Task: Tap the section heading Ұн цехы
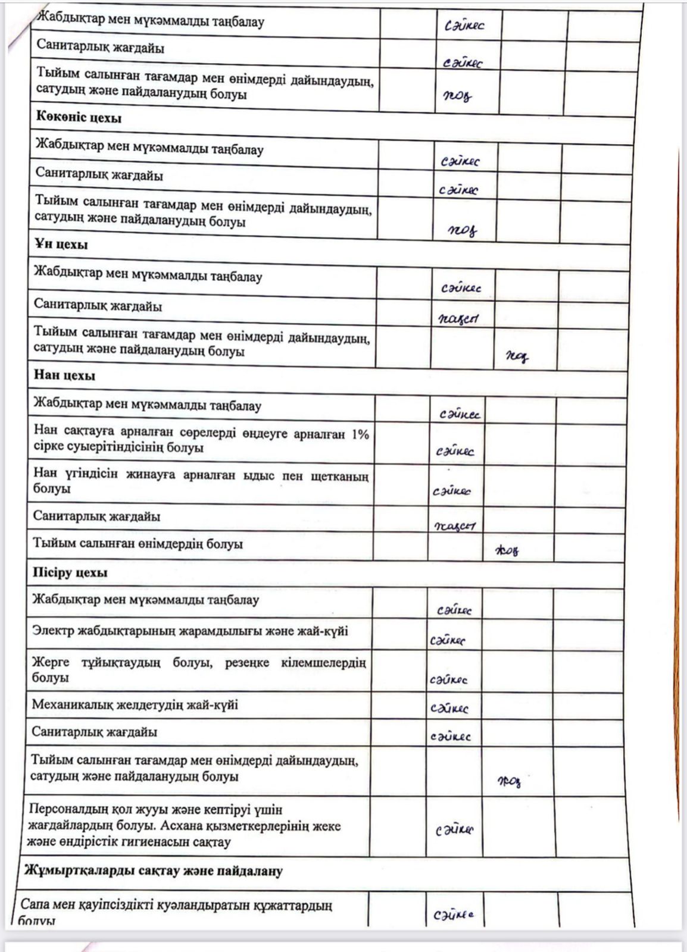tap(61, 245)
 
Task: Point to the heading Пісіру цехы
tap(69, 573)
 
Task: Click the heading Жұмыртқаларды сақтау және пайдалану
tap(153, 871)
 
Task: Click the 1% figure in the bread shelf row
tap(360, 434)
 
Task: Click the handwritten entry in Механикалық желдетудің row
tap(449, 708)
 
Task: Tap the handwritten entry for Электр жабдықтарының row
tap(447, 640)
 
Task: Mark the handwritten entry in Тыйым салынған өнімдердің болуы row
tap(507, 550)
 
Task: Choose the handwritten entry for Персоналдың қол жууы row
tap(454, 829)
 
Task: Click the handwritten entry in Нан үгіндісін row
tap(451, 491)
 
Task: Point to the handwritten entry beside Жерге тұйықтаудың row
tap(448, 679)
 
